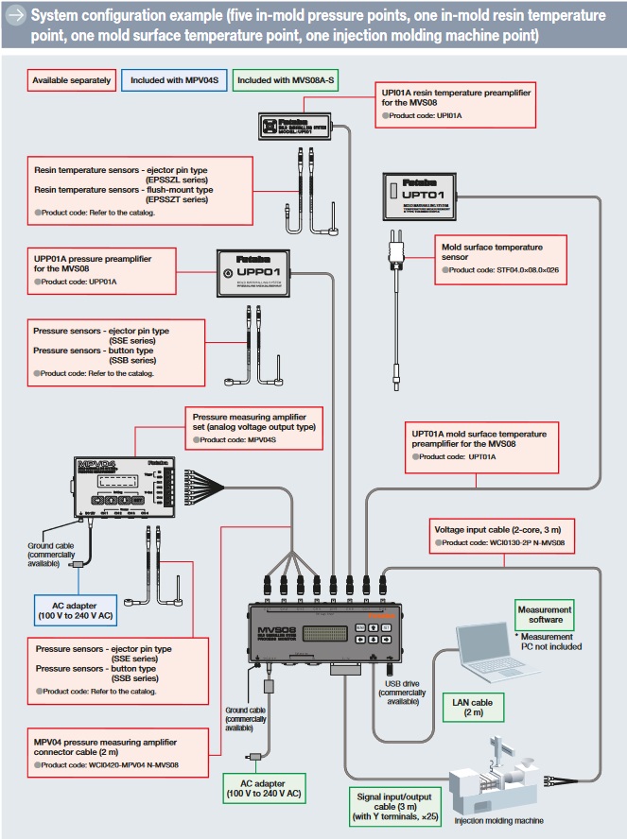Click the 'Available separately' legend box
(x=71, y=81)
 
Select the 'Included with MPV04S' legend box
(x=174, y=81)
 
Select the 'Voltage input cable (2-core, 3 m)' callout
(x=502, y=536)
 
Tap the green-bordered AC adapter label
(x=264, y=788)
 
